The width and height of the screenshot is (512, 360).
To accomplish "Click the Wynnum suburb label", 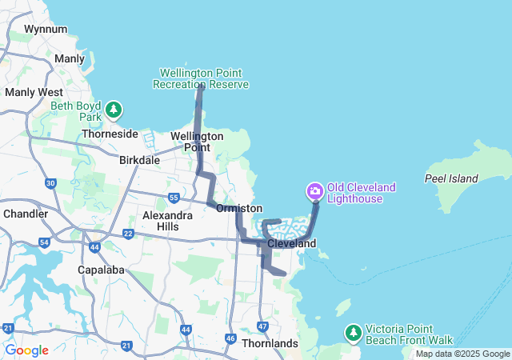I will click(x=45, y=29).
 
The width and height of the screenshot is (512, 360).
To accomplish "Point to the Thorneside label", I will click(x=110, y=134).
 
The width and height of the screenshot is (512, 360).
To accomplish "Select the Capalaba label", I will click(x=103, y=270).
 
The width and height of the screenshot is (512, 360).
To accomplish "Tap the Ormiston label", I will click(x=238, y=208).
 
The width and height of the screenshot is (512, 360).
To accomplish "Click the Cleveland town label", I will click(x=292, y=243).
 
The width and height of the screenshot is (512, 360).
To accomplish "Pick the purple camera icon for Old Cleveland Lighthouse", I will click(x=314, y=190).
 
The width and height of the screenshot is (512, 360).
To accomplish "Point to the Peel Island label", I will click(x=451, y=178).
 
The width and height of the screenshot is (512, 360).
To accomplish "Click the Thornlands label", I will click(x=270, y=343).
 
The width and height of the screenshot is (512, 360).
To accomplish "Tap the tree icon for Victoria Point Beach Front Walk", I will click(x=353, y=332).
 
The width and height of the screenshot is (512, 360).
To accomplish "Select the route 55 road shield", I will click(x=174, y=198).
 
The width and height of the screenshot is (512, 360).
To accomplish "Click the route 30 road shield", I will click(x=50, y=184).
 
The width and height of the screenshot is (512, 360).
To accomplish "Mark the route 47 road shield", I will click(x=262, y=325).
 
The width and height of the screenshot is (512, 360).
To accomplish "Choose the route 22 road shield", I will click(x=128, y=233).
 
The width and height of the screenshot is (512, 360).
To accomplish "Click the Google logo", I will click(x=26, y=350).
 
